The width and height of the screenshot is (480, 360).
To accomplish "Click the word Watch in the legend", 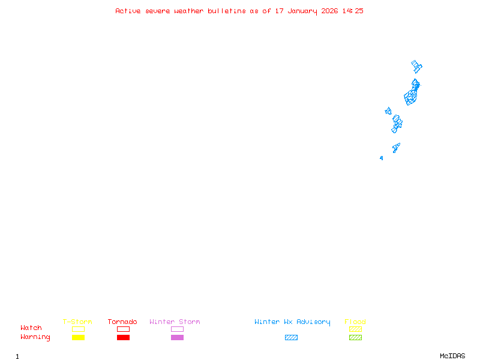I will (31, 328).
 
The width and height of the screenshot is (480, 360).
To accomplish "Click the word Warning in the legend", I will (35, 337).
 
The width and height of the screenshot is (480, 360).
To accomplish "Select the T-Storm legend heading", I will (77, 322).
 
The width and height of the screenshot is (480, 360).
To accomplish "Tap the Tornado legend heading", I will (122, 322).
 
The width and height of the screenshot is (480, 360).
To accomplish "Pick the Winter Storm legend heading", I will (175, 322).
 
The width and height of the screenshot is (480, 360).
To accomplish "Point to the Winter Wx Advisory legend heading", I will (292, 322).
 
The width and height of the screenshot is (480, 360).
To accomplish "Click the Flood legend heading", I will (355, 322).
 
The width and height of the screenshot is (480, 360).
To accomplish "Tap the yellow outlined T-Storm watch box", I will (78, 329).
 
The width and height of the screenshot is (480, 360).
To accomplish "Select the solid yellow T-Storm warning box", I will (78, 338).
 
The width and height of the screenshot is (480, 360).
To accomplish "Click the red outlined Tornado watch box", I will (123, 329).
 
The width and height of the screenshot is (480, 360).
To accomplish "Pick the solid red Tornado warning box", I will (123, 338).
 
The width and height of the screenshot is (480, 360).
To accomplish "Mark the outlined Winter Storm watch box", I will (177, 329).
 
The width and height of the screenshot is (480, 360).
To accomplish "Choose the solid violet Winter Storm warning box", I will (177, 338).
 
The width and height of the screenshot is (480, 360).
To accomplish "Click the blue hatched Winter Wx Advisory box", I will (291, 338).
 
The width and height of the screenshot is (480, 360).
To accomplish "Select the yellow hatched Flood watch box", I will (355, 329).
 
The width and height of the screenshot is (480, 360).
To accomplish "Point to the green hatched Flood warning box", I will (355, 338).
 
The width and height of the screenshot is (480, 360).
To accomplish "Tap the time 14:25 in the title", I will (353, 11).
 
